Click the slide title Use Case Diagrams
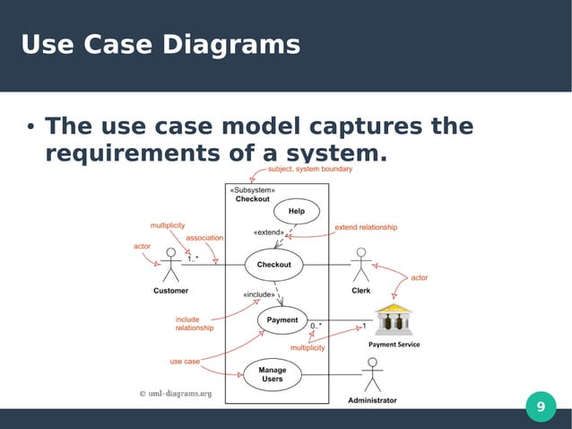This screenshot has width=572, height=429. click(160, 44)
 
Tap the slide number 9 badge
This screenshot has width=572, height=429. click(540, 407)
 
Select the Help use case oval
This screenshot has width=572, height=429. click(296, 212)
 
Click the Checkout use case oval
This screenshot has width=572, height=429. click(274, 265)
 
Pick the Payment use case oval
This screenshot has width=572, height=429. click(282, 320)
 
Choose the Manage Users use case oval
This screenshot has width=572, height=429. click(272, 373)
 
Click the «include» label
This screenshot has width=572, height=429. click(259, 294)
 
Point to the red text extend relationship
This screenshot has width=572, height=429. click(365, 228)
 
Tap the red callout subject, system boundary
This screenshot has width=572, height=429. click(310, 169)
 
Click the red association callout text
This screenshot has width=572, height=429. click(204, 238)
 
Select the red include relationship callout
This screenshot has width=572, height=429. click(194, 323)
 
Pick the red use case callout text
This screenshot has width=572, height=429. click(185, 362)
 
